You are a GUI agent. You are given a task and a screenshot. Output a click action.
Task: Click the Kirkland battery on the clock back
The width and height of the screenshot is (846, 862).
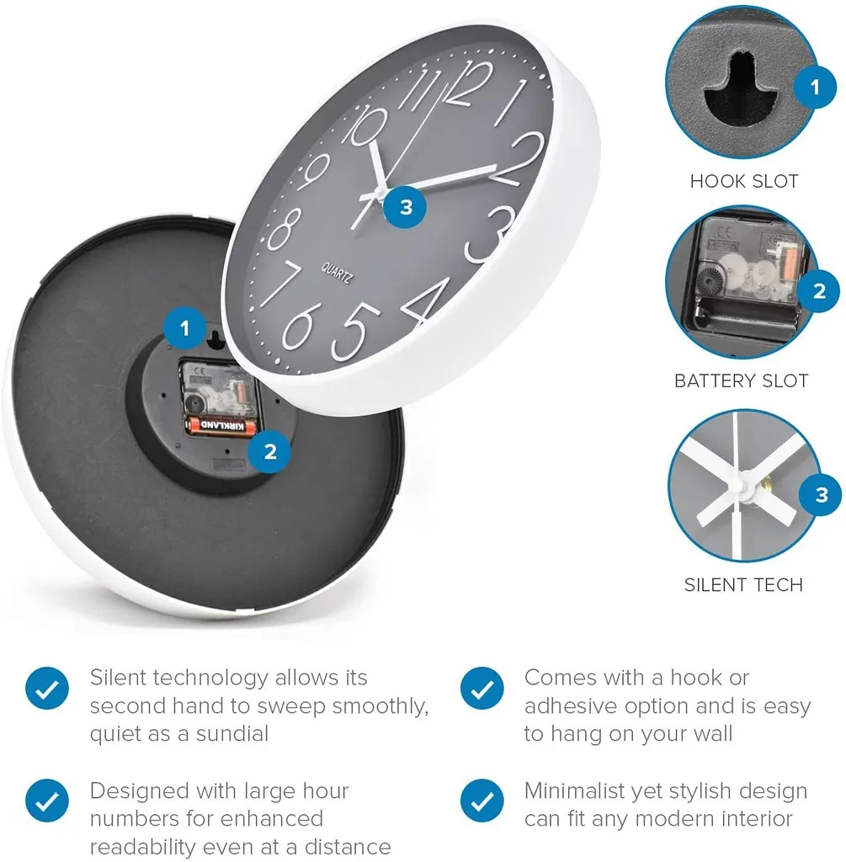(x=221, y=425)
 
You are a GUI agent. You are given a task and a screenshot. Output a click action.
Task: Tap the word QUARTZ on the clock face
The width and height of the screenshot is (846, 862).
(x=337, y=273)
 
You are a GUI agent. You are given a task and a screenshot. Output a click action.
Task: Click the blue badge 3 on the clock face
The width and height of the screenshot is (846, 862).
(x=406, y=207)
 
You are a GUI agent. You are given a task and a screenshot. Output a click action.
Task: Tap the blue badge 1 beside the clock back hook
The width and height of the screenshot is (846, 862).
(x=185, y=329)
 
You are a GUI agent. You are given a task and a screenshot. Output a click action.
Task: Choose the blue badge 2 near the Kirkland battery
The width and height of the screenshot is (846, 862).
(x=270, y=451)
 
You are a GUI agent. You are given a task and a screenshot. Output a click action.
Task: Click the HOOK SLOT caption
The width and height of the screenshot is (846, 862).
(x=744, y=181)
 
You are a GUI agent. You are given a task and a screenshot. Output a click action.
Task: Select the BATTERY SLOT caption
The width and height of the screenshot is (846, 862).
(x=741, y=380)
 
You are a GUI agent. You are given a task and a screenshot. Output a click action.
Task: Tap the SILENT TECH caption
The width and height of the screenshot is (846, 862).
(x=743, y=584)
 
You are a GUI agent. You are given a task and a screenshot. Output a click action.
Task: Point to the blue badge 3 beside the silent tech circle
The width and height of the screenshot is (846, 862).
(x=822, y=495)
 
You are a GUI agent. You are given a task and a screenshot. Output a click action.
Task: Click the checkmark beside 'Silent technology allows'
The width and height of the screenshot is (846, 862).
(x=47, y=689)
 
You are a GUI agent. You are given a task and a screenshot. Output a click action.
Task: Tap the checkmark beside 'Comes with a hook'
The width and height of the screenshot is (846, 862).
(x=482, y=689)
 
